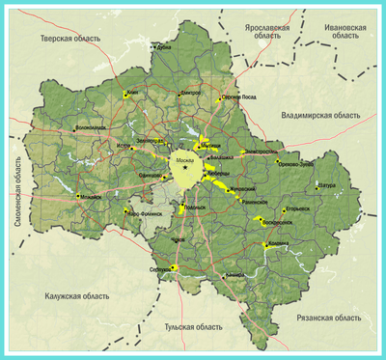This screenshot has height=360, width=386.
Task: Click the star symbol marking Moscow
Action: pos(185,168)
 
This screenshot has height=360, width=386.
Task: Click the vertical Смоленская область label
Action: pos(17,192)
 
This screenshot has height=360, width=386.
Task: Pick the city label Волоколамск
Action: pos(91,126)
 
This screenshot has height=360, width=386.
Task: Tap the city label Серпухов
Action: pos(162,269)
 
